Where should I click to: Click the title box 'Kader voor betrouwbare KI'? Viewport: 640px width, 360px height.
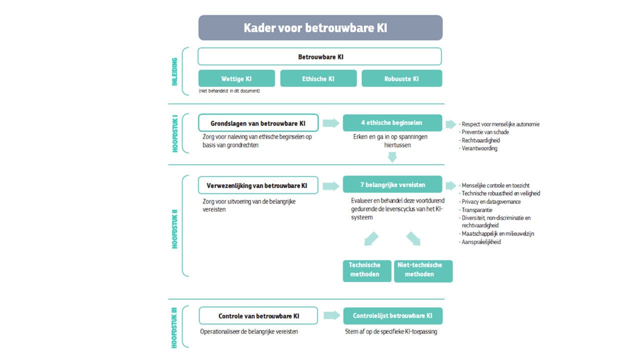(320, 27)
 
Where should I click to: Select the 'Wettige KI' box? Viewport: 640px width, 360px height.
(236, 78)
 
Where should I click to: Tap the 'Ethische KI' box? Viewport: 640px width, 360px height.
(318, 78)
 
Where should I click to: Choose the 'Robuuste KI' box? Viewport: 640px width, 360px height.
(401, 78)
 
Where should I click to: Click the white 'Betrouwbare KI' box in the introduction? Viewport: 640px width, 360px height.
(319, 56)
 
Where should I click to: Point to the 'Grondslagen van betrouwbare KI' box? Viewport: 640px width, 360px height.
(258, 123)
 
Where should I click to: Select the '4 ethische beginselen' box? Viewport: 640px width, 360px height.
(392, 123)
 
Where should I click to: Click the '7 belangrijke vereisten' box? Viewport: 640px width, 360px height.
(392, 184)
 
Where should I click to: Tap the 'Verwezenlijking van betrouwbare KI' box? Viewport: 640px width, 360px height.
(258, 185)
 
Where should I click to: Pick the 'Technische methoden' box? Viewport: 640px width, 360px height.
(364, 269)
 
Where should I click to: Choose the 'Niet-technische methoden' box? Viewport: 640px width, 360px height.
(423, 269)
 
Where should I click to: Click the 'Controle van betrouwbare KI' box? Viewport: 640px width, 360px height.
(258, 316)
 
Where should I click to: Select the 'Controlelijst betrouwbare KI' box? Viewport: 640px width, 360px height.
(392, 316)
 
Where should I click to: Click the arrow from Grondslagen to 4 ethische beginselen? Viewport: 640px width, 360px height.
(330, 123)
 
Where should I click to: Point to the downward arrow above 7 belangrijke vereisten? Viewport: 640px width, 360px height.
(392, 157)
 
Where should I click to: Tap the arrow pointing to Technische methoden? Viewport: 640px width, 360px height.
(370, 238)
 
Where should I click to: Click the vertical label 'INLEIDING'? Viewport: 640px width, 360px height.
(174, 71)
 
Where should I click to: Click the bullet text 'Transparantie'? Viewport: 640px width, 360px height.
(477, 210)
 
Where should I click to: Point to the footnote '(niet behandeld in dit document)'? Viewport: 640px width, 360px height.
(229, 91)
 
